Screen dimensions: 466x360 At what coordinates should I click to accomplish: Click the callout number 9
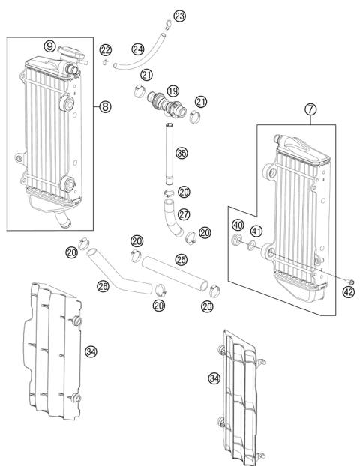tap(49, 46)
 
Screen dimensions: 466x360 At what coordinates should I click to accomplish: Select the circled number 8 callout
tap(105, 106)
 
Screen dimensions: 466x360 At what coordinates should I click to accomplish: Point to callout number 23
tap(178, 16)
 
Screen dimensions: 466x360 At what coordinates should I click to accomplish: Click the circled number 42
tap(348, 291)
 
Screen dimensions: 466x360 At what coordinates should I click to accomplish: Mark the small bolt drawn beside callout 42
tap(338, 281)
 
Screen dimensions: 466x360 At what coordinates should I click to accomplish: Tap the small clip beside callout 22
tap(105, 62)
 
